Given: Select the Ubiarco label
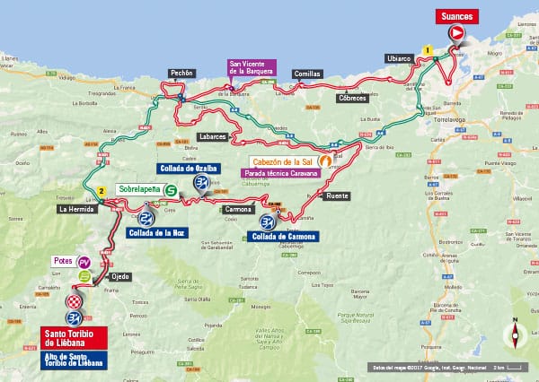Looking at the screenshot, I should click(x=400, y=58).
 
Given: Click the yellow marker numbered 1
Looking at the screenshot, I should click(x=429, y=50).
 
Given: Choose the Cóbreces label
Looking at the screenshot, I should click(x=352, y=97).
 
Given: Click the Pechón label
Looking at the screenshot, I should click(x=181, y=74).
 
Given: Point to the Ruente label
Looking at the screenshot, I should click(x=337, y=195).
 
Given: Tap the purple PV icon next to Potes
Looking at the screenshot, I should click(x=84, y=261).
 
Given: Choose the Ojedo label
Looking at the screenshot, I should click(x=119, y=276).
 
